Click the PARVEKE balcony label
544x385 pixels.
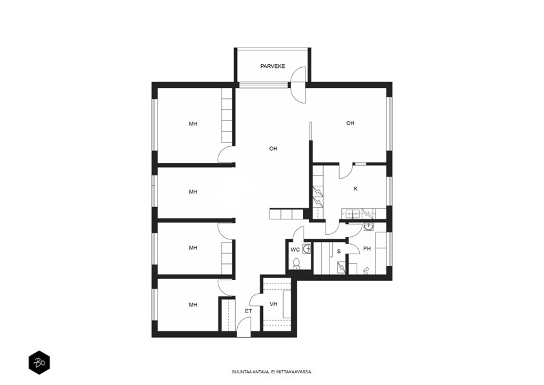(273, 66)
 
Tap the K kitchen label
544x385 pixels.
(355, 189)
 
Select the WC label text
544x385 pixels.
(295, 250)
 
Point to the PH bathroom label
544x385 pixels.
(367, 248)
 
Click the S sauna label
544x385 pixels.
(339, 251)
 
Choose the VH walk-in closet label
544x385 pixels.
(273, 304)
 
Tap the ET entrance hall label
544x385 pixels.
(248, 311)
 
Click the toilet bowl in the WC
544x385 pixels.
(297, 263)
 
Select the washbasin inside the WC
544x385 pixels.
(307, 248)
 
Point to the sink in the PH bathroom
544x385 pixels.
(368, 227)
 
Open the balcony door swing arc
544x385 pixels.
(298, 84)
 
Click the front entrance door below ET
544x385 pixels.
(244, 327)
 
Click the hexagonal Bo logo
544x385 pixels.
(39, 362)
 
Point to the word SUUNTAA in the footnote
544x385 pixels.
(240, 372)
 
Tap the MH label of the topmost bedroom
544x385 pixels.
(193, 124)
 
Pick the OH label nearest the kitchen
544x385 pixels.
(350, 123)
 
